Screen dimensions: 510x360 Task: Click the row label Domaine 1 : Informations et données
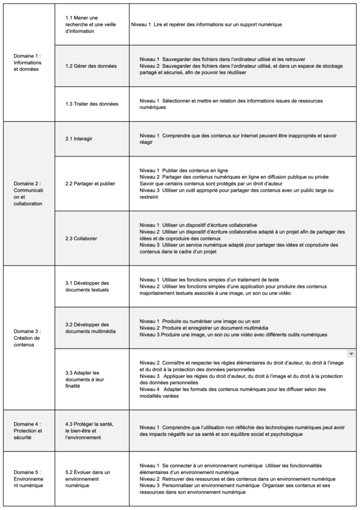(x=27, y=63)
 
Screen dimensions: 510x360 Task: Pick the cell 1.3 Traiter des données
(x=92, y=104)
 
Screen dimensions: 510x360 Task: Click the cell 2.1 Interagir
(x=79, y=138)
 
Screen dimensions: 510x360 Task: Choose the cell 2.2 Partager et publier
(x=91, y=183)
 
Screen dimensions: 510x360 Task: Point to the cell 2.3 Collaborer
(x=81, y=239)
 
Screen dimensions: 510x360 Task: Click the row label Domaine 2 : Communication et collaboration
(x=27, y=193)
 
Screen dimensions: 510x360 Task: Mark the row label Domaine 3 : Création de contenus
(x=27, y=338)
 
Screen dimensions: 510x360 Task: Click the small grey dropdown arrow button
(x=351, y=354)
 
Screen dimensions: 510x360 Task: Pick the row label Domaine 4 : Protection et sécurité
(x=27, y=430)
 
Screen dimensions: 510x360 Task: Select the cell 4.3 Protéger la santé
(x=90, y=430)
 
